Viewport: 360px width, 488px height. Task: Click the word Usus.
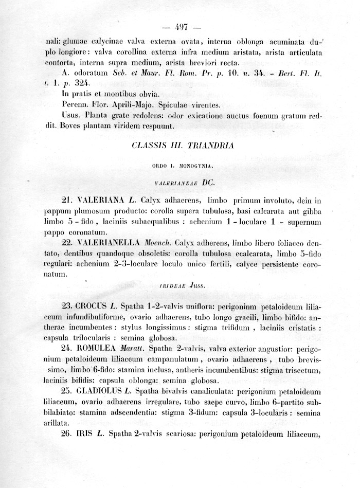(70, 115)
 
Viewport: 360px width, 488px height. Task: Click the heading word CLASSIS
(149, 146)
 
